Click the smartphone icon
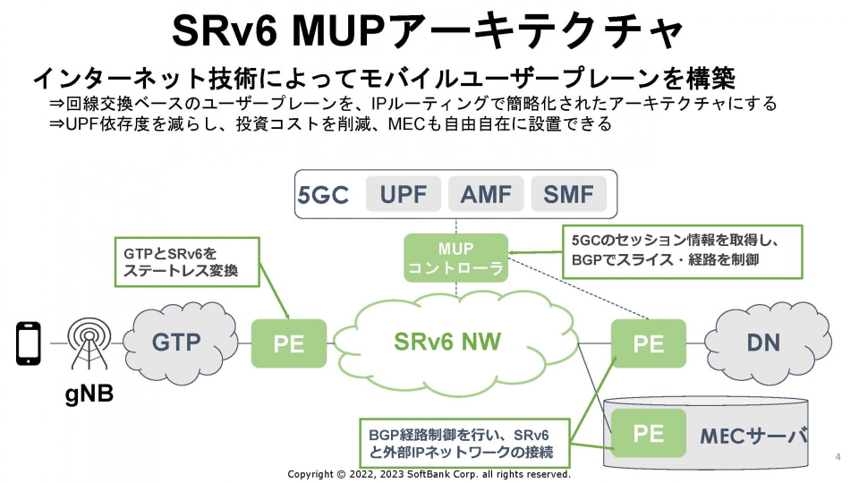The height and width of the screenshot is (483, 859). [29, 343]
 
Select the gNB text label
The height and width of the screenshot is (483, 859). [89, 394]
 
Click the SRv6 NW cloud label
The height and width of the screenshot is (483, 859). [447, 342]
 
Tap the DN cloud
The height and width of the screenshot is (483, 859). [762, 342]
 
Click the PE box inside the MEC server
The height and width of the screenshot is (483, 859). [649, 434]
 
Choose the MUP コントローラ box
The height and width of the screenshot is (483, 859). [455, 258]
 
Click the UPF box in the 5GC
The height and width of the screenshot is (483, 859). [403, 194]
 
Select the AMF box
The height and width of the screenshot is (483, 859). [486, 194]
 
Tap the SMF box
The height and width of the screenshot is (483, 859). [568, 194]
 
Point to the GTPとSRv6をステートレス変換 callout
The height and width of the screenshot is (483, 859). [186, 262]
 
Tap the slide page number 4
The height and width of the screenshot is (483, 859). [838, 457]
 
